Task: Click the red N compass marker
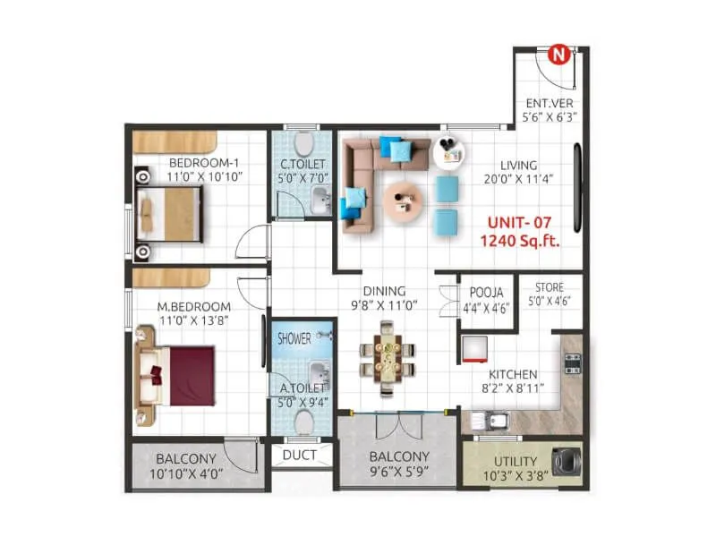(x=560, y=55)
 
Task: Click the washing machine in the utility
(x=567, y=461)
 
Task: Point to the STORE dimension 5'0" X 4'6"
(x=549, y=302)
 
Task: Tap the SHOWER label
(x=294, y=339)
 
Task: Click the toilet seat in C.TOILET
(x=305, y=144)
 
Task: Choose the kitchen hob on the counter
(x=572, y=362)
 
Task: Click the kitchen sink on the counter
(x=494, y=420)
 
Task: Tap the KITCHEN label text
(x=512, y=374)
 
